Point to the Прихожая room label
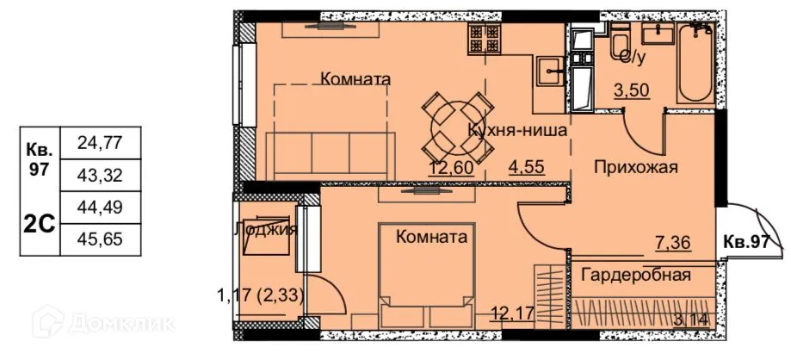pyautogui.click(x=636, y=167)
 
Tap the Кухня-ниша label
pyautogui.click(x=516, y=132)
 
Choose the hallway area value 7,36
pyautogui.click(x=674, y=244)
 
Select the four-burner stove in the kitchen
pyautogui.click(x=485, y=38)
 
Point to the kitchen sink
pyautogui.click(x=548, y=69)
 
